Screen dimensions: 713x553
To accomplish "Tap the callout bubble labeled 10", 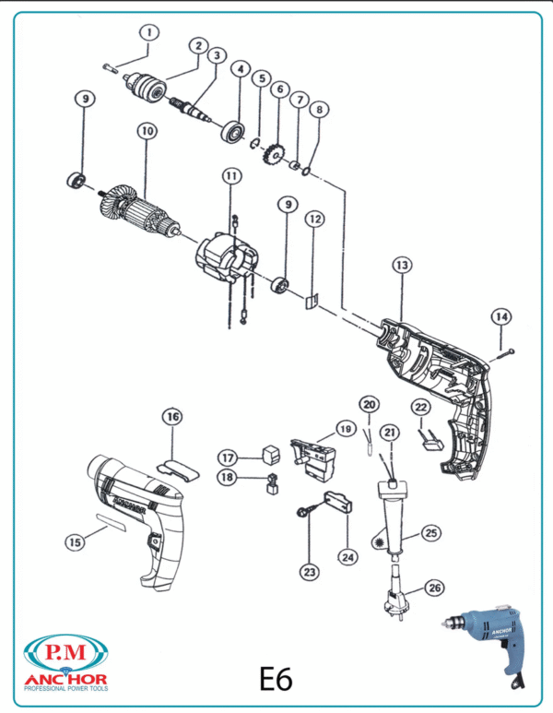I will pos(146,132).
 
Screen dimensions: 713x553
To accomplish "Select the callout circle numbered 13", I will pos(402,265).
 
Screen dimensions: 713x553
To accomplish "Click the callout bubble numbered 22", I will pos(420,406).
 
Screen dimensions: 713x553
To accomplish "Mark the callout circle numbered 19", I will pos(345,429).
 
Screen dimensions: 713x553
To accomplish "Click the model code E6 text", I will pos(275,679).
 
